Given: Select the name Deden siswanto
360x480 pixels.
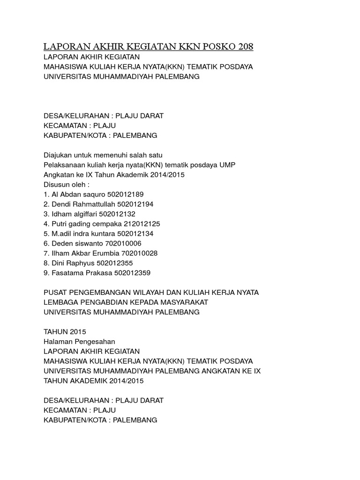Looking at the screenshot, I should point(74,243).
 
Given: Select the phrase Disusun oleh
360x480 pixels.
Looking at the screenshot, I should point(66,184).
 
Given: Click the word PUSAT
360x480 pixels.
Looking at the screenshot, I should point(55,292).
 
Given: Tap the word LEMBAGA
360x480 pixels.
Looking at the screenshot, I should point(60,302).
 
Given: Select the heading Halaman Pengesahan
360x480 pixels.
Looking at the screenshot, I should point(79,341).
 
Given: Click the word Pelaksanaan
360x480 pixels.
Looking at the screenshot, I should point(65,165).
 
